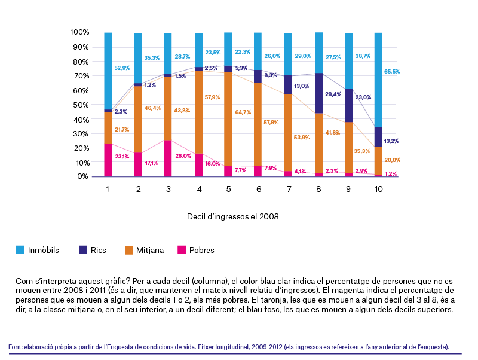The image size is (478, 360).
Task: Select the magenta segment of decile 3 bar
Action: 168,158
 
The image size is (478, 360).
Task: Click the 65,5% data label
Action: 392,72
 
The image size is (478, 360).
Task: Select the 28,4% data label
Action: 333,94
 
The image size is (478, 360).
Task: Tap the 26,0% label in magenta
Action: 182,156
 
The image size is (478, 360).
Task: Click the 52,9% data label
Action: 122,68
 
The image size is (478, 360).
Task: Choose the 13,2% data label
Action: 392,141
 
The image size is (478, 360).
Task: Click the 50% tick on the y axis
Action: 79,105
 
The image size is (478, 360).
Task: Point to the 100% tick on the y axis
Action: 79,32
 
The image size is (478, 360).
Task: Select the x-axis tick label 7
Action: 288,189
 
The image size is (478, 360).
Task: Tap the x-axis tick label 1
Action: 108,189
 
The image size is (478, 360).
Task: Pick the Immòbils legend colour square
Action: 20,250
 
